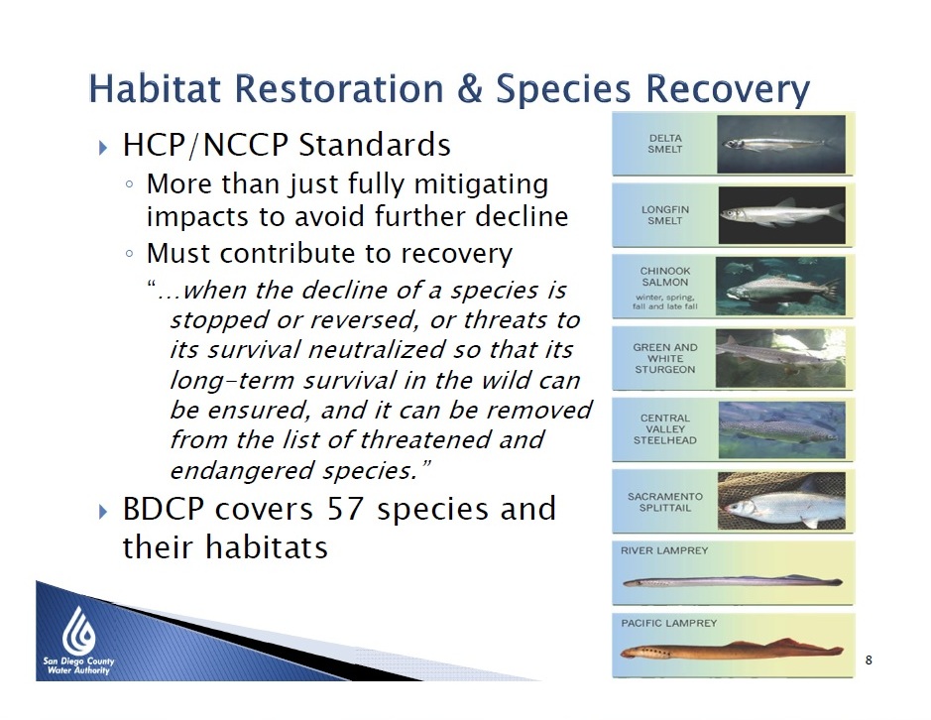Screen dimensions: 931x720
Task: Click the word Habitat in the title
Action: [x=156, y=88]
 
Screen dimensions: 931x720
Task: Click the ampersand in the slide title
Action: [x=470, y=88]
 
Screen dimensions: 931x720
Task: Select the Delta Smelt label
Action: [x=665, y=144]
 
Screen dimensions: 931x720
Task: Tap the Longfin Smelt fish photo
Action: [x=781, y=215]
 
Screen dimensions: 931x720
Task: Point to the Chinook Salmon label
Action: [x=665, y=277]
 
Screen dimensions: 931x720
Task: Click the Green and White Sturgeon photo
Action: [x=780, y=358]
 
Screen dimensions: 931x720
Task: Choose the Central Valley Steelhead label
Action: [x=665, y=428]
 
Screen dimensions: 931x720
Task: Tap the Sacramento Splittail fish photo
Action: [x=781, y=500]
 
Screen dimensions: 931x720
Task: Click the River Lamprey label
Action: [x=664, y=550]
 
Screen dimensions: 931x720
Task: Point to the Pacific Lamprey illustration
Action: [x=732, y=650]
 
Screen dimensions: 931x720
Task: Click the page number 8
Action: [x=869, y=660]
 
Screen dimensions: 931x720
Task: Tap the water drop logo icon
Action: [x=79, y=631]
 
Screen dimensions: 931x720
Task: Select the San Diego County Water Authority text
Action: [x=78, y=665]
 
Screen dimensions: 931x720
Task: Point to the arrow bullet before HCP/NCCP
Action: [x=103, y=147]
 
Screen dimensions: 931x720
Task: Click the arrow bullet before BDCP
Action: [x=103, y=511]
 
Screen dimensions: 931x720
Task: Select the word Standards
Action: [x=375, y=145]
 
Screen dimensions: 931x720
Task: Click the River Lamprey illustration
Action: [x=732, y=581]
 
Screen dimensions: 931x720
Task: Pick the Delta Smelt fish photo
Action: [x=781, y=145]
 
